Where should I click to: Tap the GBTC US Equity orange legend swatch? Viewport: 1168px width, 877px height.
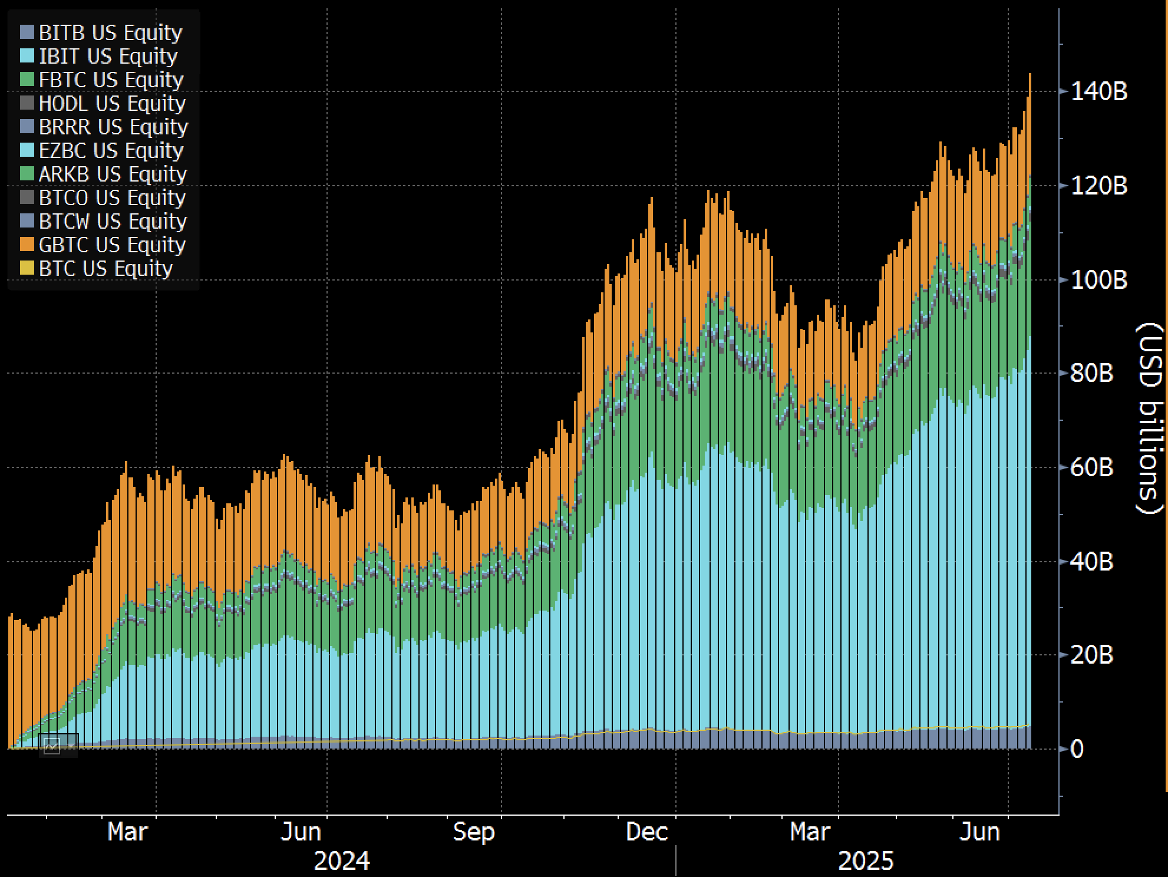27,245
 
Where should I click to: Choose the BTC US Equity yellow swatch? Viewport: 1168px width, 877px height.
27,268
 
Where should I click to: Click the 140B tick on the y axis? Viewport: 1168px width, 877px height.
1098,91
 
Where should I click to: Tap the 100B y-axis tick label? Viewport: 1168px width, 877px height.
1098,279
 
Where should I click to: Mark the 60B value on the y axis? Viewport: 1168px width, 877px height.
1091,467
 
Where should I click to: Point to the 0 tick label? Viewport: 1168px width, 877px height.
1076,749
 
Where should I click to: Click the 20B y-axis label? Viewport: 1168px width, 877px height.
1091,655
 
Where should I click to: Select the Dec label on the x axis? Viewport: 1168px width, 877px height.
646,832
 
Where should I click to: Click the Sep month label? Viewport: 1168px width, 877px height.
473,832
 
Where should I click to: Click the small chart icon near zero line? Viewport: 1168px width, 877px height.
52,746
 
